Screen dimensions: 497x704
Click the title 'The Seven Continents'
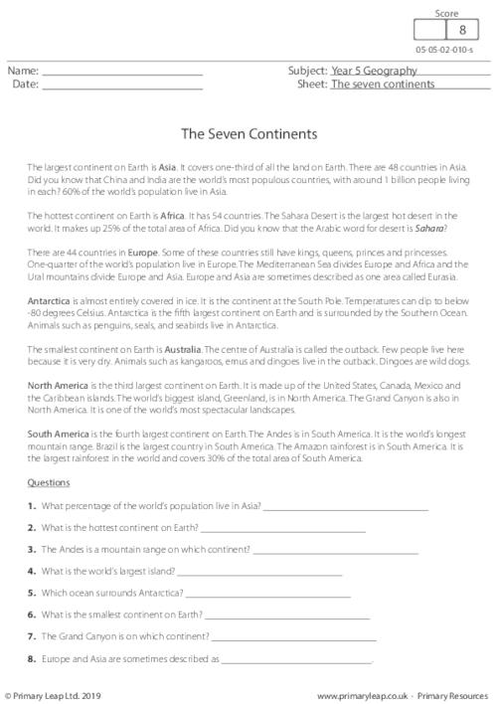pos(248,131)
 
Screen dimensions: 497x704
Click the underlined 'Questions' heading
pos(49,482)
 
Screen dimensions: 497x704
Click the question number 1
pos(33,506)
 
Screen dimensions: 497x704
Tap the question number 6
pos(33,615)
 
